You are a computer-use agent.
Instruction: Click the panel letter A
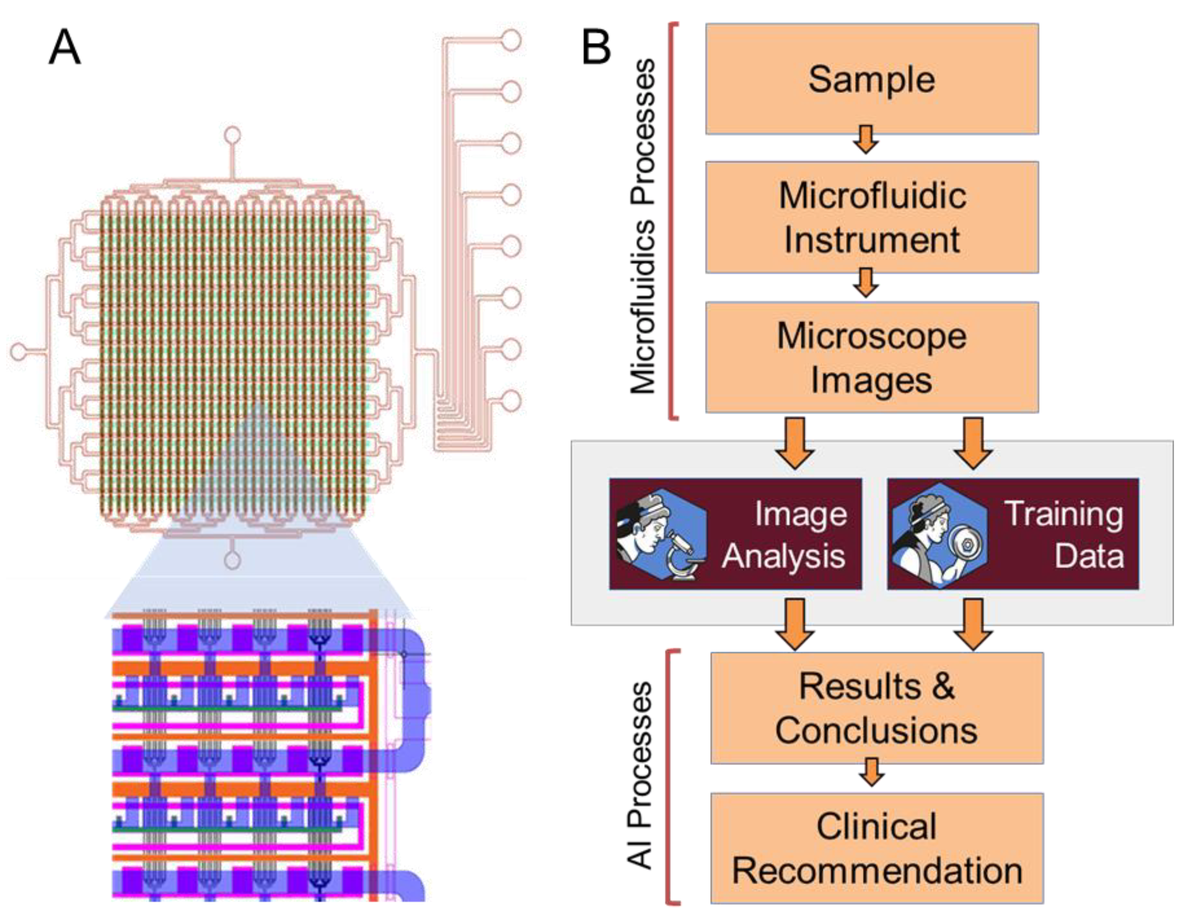coord(65,48)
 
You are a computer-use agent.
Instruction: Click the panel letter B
coord(596,48)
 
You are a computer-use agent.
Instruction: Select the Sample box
coord(872,79)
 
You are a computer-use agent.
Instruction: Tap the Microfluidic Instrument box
coord(872,217)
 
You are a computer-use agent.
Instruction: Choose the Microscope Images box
coord(872,357)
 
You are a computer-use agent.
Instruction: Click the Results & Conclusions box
coord(877,708)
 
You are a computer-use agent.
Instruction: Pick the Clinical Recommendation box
coord(877,848)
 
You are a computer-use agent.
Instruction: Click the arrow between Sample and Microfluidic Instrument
coord(865,140)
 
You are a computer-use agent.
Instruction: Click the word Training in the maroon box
coord(1063,514)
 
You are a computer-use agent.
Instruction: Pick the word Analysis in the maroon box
coord(783,556)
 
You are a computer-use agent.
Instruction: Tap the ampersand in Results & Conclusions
coord(943,686)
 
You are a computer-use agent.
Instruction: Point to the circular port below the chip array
coord(233,560)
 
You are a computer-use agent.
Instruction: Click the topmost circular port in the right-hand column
coord(510,41)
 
